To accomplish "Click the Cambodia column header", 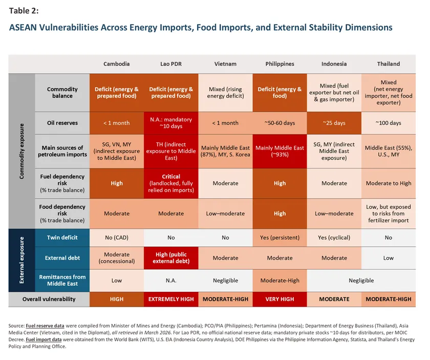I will [x=116, y=64].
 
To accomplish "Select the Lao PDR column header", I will [x=171, y=64].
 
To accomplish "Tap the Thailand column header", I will [x=389, y=64].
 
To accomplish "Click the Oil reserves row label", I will [x=62, y=123].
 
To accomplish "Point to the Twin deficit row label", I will [x=62, y=238].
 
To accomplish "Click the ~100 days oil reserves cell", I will [x=389, y=123].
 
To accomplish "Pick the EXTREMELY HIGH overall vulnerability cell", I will [x=171, y=299].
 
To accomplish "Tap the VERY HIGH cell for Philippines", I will [x=279, y=299].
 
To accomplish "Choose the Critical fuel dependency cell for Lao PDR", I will [x=171, y=183].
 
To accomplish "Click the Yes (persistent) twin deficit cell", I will [x=279, y=238].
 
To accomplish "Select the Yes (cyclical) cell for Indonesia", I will [x=334, y=238].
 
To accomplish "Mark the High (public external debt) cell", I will [x=171, y=258].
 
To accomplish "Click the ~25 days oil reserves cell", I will [x=334, y=123].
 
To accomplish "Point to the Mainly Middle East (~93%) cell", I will [x=279, y=152].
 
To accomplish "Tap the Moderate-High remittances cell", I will [x=279, y=281].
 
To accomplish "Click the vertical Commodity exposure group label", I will [x=21, y=151].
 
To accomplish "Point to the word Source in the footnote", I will [x=17, y=326].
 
